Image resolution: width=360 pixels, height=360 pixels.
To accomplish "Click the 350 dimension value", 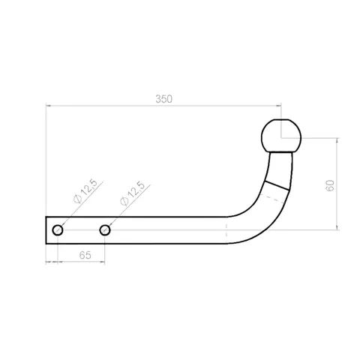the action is (163, 99).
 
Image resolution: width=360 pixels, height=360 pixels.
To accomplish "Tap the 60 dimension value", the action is (330, 185).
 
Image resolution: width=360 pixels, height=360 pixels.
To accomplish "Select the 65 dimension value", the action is (85, 255).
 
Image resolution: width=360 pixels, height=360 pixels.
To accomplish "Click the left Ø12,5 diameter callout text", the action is (85, 191).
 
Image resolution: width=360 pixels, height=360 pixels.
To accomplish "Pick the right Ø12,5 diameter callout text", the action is (132, 193).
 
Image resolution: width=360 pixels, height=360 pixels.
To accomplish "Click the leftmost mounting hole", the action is (58, 230).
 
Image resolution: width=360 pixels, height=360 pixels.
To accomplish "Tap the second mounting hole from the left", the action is (105, 230).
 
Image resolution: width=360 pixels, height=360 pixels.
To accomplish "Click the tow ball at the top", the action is (281, 136).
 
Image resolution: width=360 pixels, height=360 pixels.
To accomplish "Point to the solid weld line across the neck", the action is (277, 185).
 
